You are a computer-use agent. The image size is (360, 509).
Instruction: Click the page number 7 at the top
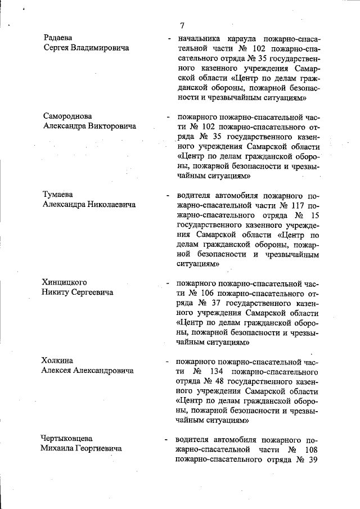pyautogui.click(x=182, y=26)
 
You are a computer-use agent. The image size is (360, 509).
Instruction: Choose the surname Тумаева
pyautogui.click(x=60, y=195)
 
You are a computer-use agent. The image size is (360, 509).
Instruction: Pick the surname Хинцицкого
pyautogui.click(x=64, y=282)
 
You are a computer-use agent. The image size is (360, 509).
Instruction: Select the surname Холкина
pyautogui.click(x=59, y=361)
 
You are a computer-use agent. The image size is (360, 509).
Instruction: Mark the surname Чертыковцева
pyautogui.click(x=66, y=438)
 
